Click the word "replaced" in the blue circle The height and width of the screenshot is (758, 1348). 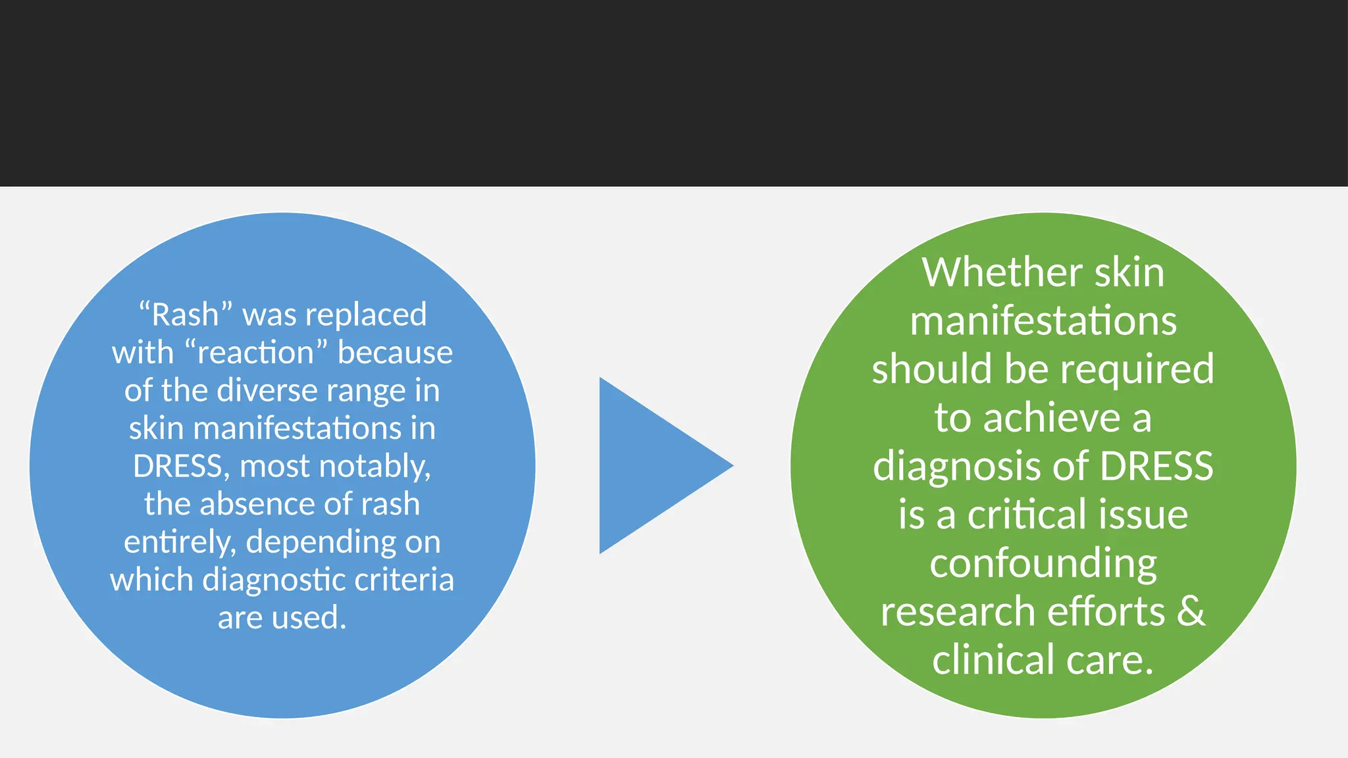point(371,315)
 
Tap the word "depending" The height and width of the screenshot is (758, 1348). point(321,542)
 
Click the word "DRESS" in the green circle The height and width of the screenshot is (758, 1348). point(1156,466)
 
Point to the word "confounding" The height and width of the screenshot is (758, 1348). point(1043,564)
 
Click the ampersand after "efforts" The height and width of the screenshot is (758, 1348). point(1191,611)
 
